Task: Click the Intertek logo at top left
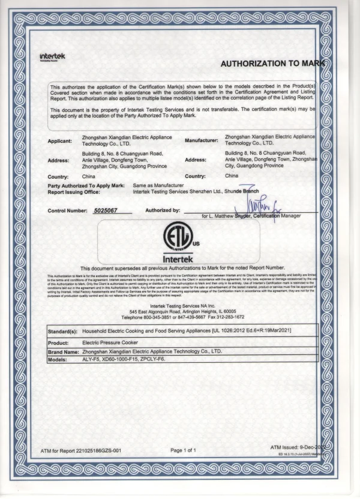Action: point(53,56)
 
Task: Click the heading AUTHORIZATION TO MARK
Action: point(272,63)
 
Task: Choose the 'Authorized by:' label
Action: point(163,211)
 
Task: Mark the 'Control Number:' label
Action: point(68,211)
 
